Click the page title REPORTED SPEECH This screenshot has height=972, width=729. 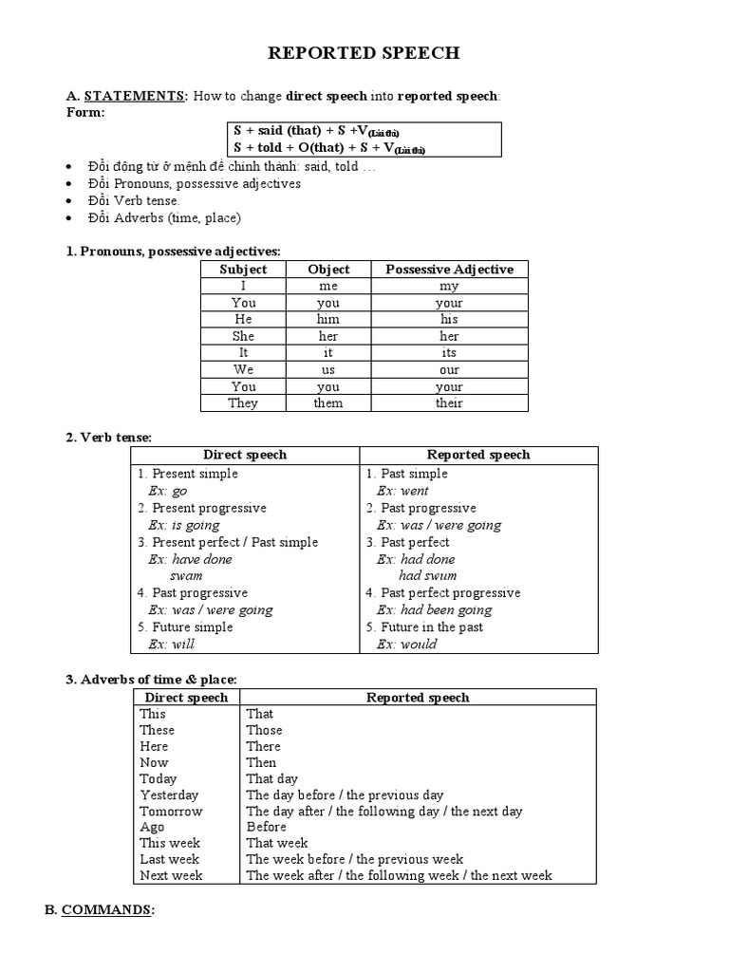[364, 53]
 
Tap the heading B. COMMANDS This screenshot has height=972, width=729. [99, 909]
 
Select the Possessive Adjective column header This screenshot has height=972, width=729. [449, 270]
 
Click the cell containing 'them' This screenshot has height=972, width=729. [328, 403]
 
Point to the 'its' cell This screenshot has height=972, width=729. [449, 353]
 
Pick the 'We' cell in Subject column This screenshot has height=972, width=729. [243, 370]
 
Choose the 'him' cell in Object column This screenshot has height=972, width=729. [328, 320]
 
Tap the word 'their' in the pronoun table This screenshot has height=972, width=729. [449, 403]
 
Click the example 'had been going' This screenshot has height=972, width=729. [434, 610]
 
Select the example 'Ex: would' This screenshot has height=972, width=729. [406, 645]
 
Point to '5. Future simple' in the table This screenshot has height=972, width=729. [185, 627]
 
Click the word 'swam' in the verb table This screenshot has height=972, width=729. [186, 576]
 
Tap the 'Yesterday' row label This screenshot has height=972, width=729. [169, 795]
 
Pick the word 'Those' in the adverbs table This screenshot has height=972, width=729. [264, 730]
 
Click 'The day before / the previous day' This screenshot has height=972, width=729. [345, 795]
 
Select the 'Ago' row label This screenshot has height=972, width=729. [152, 827]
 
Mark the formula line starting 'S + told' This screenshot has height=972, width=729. [329, 148]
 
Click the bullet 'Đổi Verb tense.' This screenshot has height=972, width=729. [133, 200]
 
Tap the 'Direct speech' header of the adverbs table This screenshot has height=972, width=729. [185, 698]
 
